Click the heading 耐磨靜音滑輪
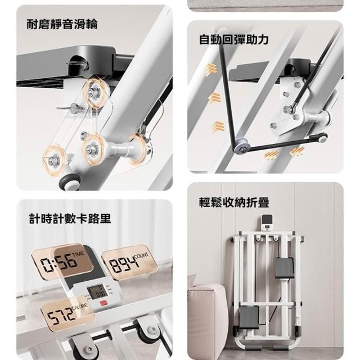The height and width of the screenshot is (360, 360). (x=62, y=24)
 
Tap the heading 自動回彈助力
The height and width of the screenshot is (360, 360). (x=233, y=39)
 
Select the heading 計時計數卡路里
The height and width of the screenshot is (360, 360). (x=70, y=218)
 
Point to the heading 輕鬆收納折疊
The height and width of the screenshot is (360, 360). (x=234, y=202)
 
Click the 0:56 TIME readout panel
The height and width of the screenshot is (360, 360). (x=62, y=261)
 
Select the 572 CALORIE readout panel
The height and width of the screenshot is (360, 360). (x=67, y=313)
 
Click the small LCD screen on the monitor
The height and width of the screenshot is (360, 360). (x=97, y=291)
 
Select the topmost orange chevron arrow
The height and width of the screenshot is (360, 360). (x=211, y=69)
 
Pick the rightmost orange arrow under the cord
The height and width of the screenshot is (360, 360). (x=297, y=151)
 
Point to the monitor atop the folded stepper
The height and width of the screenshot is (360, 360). (x=268, y=223)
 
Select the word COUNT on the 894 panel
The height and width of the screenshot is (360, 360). (x=142, y=255)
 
